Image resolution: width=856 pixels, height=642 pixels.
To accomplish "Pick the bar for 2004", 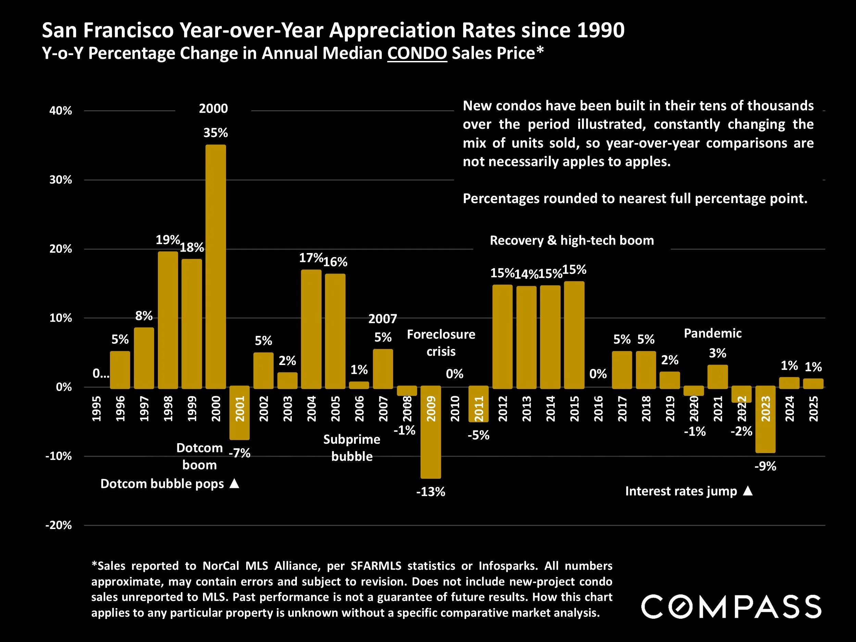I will tap(311, 329).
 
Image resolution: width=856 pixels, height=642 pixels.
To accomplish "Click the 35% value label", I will tap(216, 133).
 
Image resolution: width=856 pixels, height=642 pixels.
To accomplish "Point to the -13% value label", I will tap(431, 492).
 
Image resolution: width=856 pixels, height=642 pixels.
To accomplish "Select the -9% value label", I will tap(766, 466).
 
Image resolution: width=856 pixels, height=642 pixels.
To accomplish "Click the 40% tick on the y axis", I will tap(61, 111).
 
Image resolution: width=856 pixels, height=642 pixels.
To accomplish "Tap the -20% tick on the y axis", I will tap(59, 525).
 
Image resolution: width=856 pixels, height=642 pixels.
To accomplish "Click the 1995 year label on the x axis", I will tap(96, 408).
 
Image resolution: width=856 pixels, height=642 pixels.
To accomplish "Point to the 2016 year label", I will tap(598, 408).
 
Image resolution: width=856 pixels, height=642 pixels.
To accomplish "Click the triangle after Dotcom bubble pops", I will tap(235, 483).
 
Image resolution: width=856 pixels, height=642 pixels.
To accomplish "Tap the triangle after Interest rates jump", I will tap(748, 491).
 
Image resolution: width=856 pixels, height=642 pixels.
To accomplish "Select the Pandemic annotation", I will tap(713, 333).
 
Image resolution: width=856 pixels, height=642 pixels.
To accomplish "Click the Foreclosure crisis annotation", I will tap(441, 343).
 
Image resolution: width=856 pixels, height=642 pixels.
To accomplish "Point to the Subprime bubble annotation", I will tap(351, 448).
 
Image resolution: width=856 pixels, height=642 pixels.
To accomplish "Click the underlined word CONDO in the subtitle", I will tap(417, 53).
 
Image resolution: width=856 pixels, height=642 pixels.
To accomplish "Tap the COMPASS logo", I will tap(731, 606).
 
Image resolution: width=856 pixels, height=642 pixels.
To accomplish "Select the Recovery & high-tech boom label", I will tap(571, 240).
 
